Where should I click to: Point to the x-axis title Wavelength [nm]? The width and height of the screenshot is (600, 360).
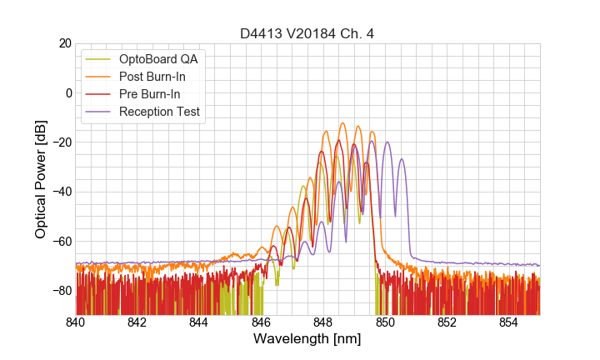tap(307, 340)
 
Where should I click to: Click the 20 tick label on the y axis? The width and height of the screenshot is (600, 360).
tap(64, 43)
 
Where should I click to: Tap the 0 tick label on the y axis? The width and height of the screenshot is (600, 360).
tap(68, 92)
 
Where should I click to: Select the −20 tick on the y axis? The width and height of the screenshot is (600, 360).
tap(62, 142)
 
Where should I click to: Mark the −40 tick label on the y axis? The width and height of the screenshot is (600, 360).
tap(62, 192)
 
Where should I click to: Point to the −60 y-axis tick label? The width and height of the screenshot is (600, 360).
tap(62, 242)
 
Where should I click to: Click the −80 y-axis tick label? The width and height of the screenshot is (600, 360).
tap(62, 291)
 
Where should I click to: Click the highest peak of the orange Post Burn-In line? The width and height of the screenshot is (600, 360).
tap(342, 123)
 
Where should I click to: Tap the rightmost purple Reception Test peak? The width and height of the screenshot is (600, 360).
tap(402, 159)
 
